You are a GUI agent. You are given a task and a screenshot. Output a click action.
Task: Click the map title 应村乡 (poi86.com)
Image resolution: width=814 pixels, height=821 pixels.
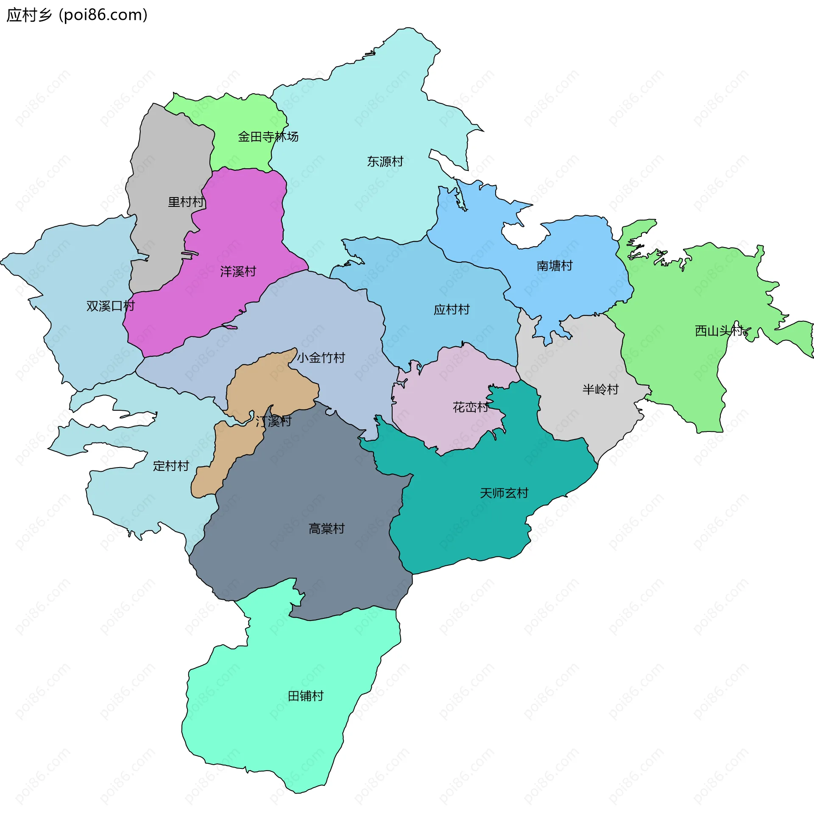77,15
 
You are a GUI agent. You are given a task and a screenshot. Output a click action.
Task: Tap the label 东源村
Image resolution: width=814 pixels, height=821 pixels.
385,161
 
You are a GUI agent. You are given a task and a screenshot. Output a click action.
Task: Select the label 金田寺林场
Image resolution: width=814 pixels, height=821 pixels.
268,137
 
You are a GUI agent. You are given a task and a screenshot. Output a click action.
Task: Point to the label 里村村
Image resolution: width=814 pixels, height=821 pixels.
186,202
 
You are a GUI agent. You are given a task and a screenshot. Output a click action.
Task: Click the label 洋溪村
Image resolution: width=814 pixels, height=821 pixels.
238,272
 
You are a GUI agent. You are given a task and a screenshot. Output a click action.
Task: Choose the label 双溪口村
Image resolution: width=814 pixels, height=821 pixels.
111,306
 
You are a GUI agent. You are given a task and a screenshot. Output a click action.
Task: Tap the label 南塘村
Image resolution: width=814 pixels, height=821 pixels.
554,266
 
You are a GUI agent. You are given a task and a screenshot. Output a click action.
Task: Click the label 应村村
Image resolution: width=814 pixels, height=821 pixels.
452,309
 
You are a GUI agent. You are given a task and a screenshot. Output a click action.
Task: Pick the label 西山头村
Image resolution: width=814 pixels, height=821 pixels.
718,331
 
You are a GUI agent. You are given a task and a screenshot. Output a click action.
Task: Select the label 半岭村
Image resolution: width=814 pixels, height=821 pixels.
600,389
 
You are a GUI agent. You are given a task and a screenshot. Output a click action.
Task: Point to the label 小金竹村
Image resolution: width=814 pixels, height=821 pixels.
321,358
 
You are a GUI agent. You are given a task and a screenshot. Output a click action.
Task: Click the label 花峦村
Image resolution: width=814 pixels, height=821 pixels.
471,407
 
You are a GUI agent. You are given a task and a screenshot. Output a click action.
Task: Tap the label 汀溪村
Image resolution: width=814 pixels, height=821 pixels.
273,422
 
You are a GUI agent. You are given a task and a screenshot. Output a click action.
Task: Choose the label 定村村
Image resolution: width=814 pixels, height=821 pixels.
171,466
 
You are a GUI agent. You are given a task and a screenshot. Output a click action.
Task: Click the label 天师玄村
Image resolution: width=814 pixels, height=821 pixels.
504,493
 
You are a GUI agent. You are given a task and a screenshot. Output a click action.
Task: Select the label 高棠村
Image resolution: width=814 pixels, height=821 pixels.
326,529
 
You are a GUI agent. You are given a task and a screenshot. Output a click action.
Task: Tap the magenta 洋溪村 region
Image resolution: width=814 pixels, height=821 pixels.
238,221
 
